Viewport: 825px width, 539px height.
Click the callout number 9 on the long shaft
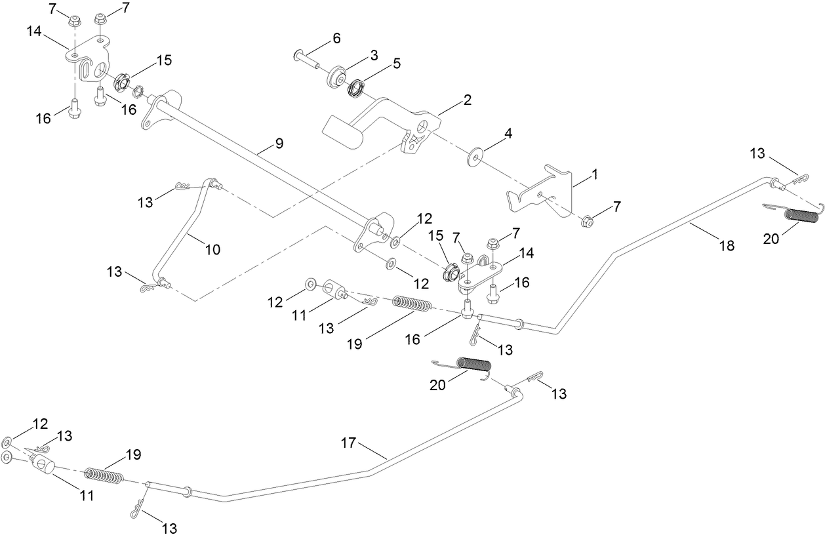coord(279,144)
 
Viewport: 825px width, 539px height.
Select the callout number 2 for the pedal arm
coord(467,100)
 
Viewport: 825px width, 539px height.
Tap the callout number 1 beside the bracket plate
coord(595,175)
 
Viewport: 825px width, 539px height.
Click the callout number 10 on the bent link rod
coord(212,249)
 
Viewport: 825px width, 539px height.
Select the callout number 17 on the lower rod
coord(348,443)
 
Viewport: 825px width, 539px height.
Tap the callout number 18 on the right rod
coord(726,246)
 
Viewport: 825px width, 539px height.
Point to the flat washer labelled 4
coord(473,157)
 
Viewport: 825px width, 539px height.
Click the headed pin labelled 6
coord(306,57)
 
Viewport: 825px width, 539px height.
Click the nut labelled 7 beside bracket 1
coord(587,221)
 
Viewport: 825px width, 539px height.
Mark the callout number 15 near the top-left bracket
coord(163,60)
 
